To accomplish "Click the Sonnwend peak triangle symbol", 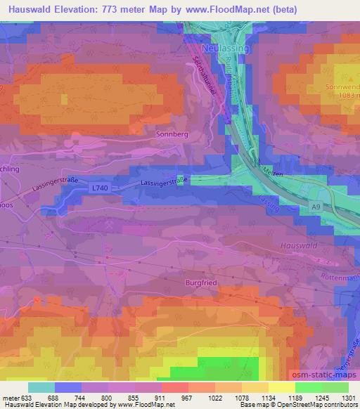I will [x=352, y=77].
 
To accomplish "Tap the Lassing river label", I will [x=269, y=204].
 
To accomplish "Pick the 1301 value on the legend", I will [x=349, y=398].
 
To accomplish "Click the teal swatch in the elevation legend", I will [x=41, y=387].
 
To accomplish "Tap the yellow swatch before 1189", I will [x=281, y=387].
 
